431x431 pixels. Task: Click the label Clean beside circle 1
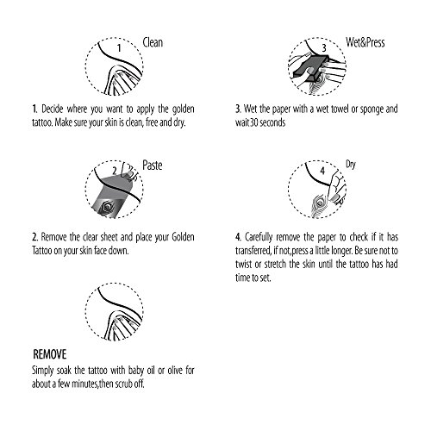tap(153, 42)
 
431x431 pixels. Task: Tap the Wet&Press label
tap(365, 42)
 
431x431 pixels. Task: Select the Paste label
tap(153, 166)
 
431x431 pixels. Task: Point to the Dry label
tap(351, 165)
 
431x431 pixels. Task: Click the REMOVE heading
tap(50, 354)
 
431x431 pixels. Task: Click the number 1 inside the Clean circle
tap(119, 48)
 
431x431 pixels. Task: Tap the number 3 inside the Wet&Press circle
tap(324, 47)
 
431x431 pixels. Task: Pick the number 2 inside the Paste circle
tap(115, 171)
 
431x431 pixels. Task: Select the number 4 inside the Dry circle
tap(322, 171)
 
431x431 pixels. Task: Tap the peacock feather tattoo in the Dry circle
tap(318, 205)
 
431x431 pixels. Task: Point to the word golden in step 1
tap(183, 109)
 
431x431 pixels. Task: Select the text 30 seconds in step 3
tap(268, 122)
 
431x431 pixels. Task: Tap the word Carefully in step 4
tap(259, 238)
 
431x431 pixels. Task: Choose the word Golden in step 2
tap(183, 237)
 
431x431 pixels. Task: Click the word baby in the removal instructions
tap(136, 371)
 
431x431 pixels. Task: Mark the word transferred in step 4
tap(253, 251)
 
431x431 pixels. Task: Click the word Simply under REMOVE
tap(42, 371)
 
